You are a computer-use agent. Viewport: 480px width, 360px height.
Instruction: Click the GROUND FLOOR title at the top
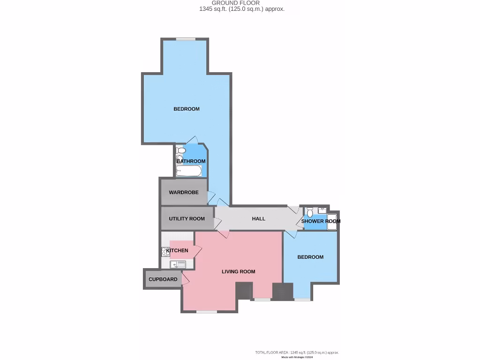click(242, 3)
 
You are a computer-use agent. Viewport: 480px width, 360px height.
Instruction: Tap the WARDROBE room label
click(183, 193)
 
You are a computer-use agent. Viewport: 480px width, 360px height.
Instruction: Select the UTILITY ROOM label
click(187, 219)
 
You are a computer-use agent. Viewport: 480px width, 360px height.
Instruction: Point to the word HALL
click(258, 219)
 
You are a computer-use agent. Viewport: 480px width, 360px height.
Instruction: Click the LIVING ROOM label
click(238, 271)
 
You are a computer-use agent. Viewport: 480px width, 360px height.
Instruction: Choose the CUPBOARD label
click(163, 279)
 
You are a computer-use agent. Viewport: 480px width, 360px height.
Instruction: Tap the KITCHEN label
click(177, 250)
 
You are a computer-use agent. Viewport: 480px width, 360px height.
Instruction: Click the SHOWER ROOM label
click(321, 221)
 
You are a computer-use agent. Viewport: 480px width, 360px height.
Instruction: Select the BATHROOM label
click(191, 161)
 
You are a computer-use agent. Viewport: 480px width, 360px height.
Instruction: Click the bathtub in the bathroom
click(190, 171)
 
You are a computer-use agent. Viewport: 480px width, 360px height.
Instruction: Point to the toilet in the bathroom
click(180, 150)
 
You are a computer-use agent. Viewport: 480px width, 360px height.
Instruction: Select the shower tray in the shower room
click(331, 221)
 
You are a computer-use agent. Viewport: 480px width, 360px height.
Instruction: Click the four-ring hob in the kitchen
click(165, 251)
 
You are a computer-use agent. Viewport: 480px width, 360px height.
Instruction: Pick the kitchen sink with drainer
click(178, 265)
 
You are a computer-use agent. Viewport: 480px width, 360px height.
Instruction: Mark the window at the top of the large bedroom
click(186, 39)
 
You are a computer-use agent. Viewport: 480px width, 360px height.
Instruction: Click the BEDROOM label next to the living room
click(310, 257)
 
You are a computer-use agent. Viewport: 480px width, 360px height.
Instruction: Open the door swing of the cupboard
click(185, 279)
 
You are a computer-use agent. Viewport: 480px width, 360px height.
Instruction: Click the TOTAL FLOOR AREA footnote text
click(297, 352)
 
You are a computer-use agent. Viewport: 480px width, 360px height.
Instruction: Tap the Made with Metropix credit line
click(297, 357)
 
